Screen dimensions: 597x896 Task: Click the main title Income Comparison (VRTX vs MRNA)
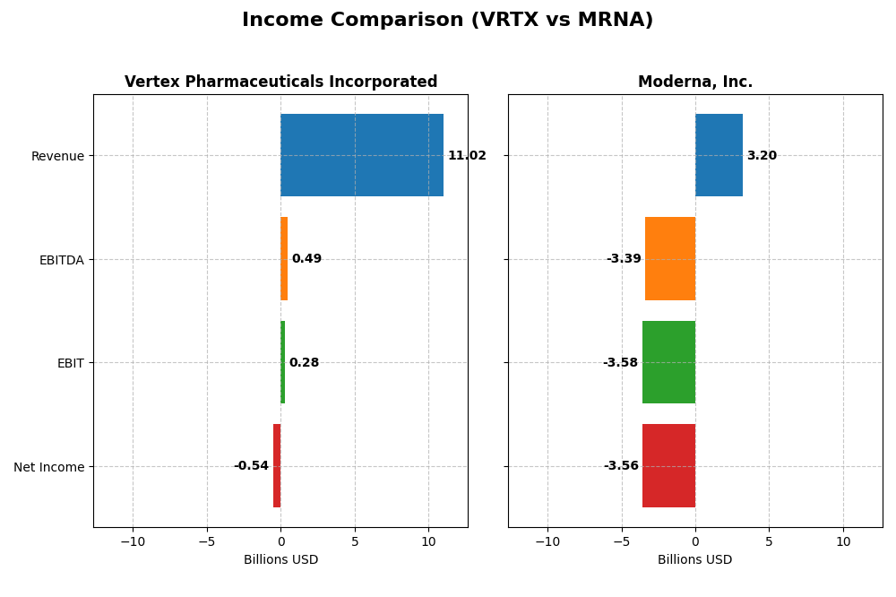(447, 21)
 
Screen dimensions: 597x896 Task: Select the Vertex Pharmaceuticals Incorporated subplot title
(280, 82)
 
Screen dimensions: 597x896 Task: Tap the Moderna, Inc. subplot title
(694, 82)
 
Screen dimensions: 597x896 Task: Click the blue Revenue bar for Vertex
(361, 155)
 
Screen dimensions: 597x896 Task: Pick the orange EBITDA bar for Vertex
(284, 259)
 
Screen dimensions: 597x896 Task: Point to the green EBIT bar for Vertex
(282, 362)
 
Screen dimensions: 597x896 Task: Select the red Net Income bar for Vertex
(277, 466)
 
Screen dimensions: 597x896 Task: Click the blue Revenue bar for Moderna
(719, 155)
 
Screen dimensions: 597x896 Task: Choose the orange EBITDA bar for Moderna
(670, 259)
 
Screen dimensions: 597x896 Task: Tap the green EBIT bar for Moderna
(668, 362)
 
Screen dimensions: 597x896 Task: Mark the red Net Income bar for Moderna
(668, 466)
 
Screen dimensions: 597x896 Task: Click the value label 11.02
(467, 156)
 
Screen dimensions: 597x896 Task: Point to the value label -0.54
(251, 466)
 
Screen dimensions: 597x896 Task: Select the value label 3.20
(762, 156)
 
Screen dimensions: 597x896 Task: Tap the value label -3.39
(624, 259)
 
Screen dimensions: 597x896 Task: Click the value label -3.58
(620, 363)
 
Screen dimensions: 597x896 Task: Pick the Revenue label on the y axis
(57, 157)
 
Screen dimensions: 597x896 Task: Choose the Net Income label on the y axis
(49, 467)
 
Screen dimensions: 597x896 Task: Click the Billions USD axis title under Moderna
(694, 560)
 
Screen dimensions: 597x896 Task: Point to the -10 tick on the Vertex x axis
(133, 542)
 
